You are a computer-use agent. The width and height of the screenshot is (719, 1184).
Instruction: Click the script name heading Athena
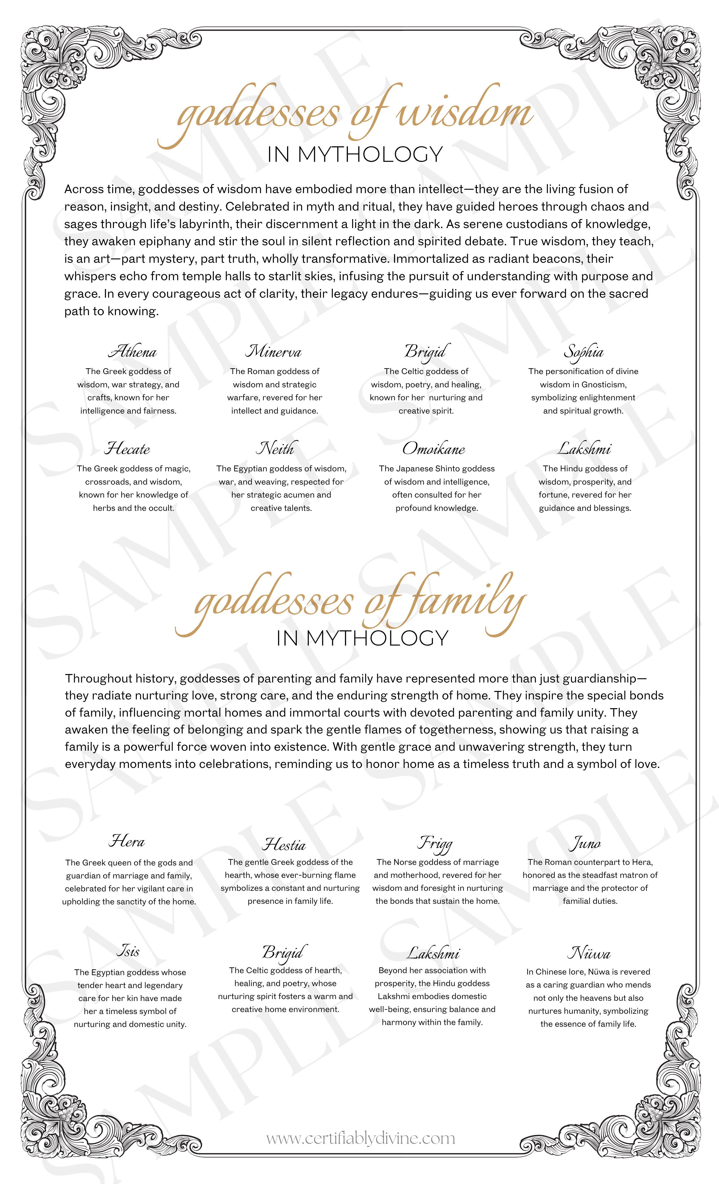tap(133, 352)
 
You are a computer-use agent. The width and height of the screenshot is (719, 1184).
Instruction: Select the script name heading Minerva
tap(274, 352)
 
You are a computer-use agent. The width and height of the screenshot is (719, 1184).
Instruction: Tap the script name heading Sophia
tap(583, 352)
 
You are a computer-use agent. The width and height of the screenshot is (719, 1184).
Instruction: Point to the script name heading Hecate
tap(127, 449)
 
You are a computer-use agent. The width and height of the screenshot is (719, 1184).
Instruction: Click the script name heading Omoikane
tap(434, 449)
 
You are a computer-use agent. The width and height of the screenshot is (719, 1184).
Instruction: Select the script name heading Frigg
tap(435, 843)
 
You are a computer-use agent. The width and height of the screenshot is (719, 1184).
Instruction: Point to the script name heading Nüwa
tap(589, 953)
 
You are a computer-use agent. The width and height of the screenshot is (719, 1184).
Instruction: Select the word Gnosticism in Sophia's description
tap(604, 385)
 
